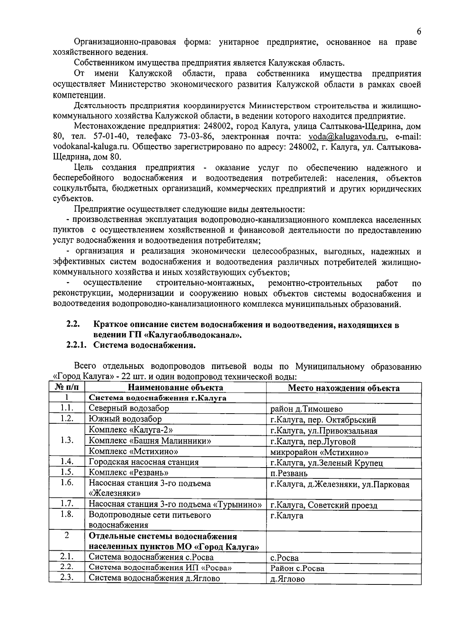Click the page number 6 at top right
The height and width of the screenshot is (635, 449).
pos(419,31)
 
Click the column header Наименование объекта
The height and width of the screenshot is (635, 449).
pos(175,388)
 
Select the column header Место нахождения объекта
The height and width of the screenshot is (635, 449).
pos(343,388)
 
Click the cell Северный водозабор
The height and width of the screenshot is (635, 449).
pos(129,408)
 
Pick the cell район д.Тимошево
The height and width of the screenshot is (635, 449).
pos(306,409)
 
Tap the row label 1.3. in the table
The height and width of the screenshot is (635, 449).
pos(67,440)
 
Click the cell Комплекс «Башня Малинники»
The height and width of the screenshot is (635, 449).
pos(150,441)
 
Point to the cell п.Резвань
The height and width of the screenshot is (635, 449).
pos(289,474)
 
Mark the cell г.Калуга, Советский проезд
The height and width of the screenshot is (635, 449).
pos(324,505)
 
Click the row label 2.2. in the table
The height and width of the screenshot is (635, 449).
pos(67,567)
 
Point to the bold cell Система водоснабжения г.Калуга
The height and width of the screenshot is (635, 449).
pos(157,398)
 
